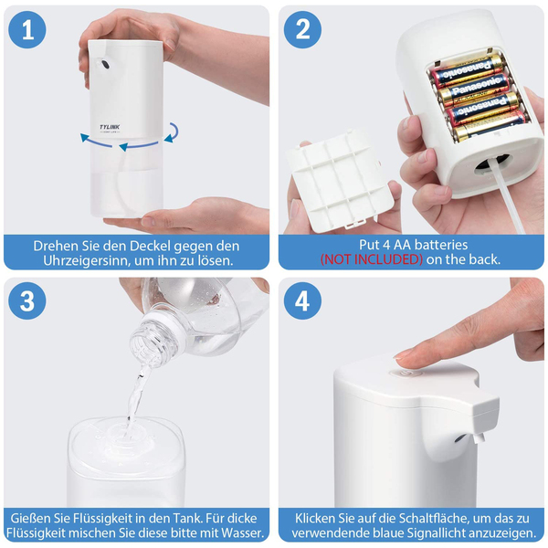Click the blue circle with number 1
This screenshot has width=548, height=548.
click(26, 30)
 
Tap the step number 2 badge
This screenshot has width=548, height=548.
click(302, 30)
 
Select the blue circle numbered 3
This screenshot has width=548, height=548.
click(26, 300)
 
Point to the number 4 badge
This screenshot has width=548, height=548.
click(302, 300)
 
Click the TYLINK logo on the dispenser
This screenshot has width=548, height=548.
click(110, 127)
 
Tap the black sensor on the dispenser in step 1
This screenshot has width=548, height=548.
click(104, 64)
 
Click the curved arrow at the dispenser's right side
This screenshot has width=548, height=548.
click(172, 132)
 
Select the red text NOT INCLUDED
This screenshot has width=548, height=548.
click(372, 259)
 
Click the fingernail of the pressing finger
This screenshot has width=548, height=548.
click(401, 355)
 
